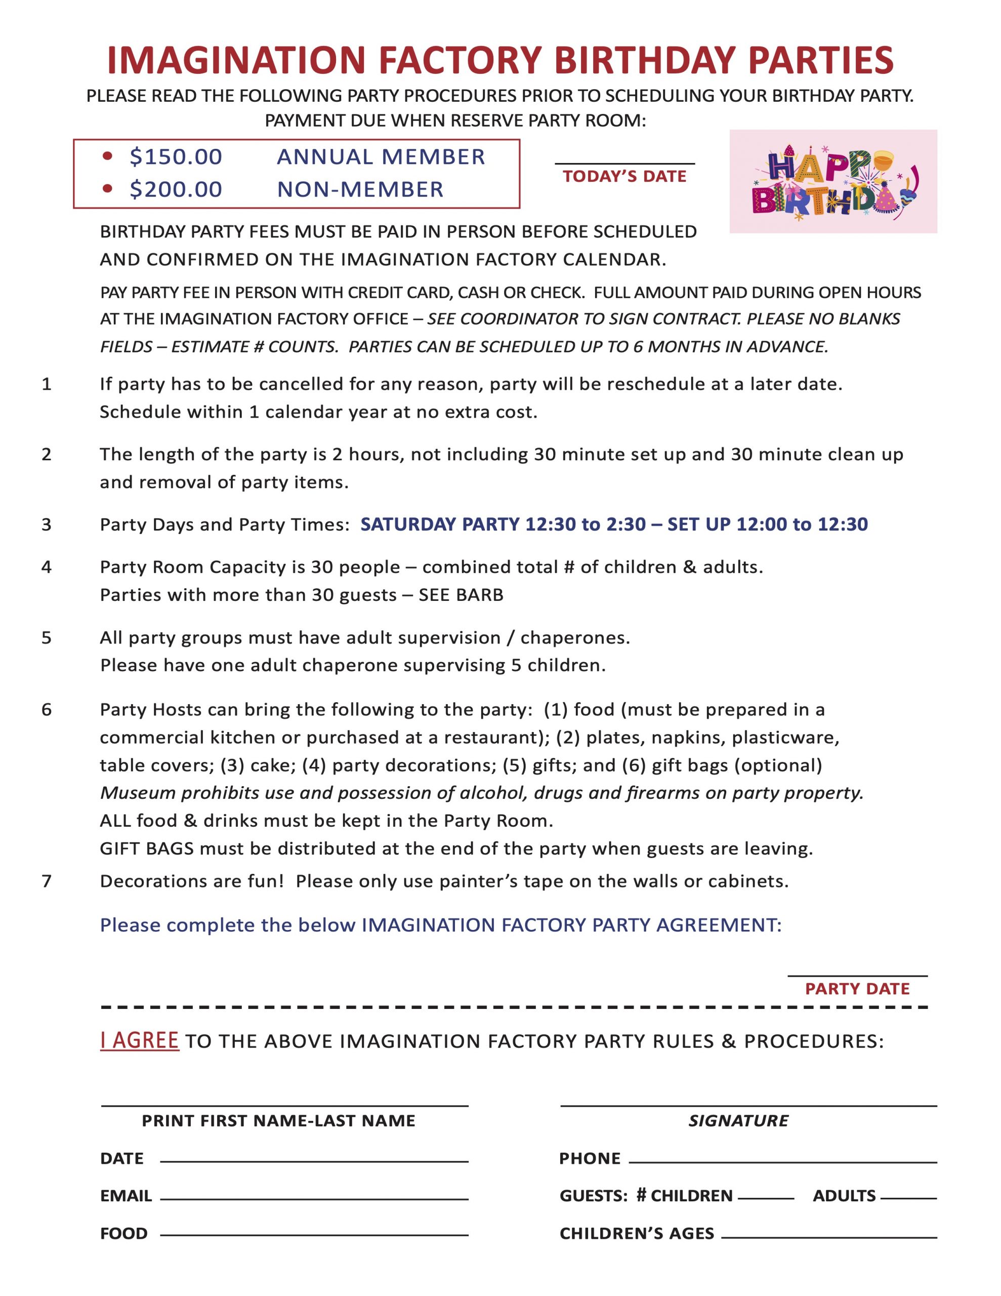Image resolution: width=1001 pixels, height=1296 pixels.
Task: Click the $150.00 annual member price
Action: click(x=176, y=156)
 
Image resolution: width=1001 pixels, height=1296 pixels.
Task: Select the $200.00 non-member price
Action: click(x=176, y=189)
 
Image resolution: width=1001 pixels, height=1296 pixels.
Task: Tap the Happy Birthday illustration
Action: click(x=832, y=181)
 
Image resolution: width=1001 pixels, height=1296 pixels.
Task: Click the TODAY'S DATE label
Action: click(x=624, y=176)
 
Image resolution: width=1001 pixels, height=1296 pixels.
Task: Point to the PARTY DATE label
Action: click(x=857, y=989)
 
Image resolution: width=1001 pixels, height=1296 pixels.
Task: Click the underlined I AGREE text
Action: click(x=140, y=1040)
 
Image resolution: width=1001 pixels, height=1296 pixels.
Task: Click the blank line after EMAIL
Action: click(x=314, y=1199)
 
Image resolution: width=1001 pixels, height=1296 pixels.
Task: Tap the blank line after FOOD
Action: click(x=314, y=1235)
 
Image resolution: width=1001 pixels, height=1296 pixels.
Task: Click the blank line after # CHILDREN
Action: click(x=766, y=1198)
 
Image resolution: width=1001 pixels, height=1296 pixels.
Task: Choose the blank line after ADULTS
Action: click(x=908, y=1198)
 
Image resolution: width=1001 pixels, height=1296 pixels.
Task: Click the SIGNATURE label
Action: click(x=738, y=1121)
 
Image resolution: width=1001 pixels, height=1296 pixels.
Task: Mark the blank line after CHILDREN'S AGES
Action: click(x=828, y=1237)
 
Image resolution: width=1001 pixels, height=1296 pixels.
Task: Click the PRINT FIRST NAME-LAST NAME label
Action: click(x=278, y=1121)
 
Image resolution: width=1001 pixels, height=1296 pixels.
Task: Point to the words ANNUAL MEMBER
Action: click(x=381, y=156)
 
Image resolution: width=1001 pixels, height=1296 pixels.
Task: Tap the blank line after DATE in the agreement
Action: click(x=314, y=1161)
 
